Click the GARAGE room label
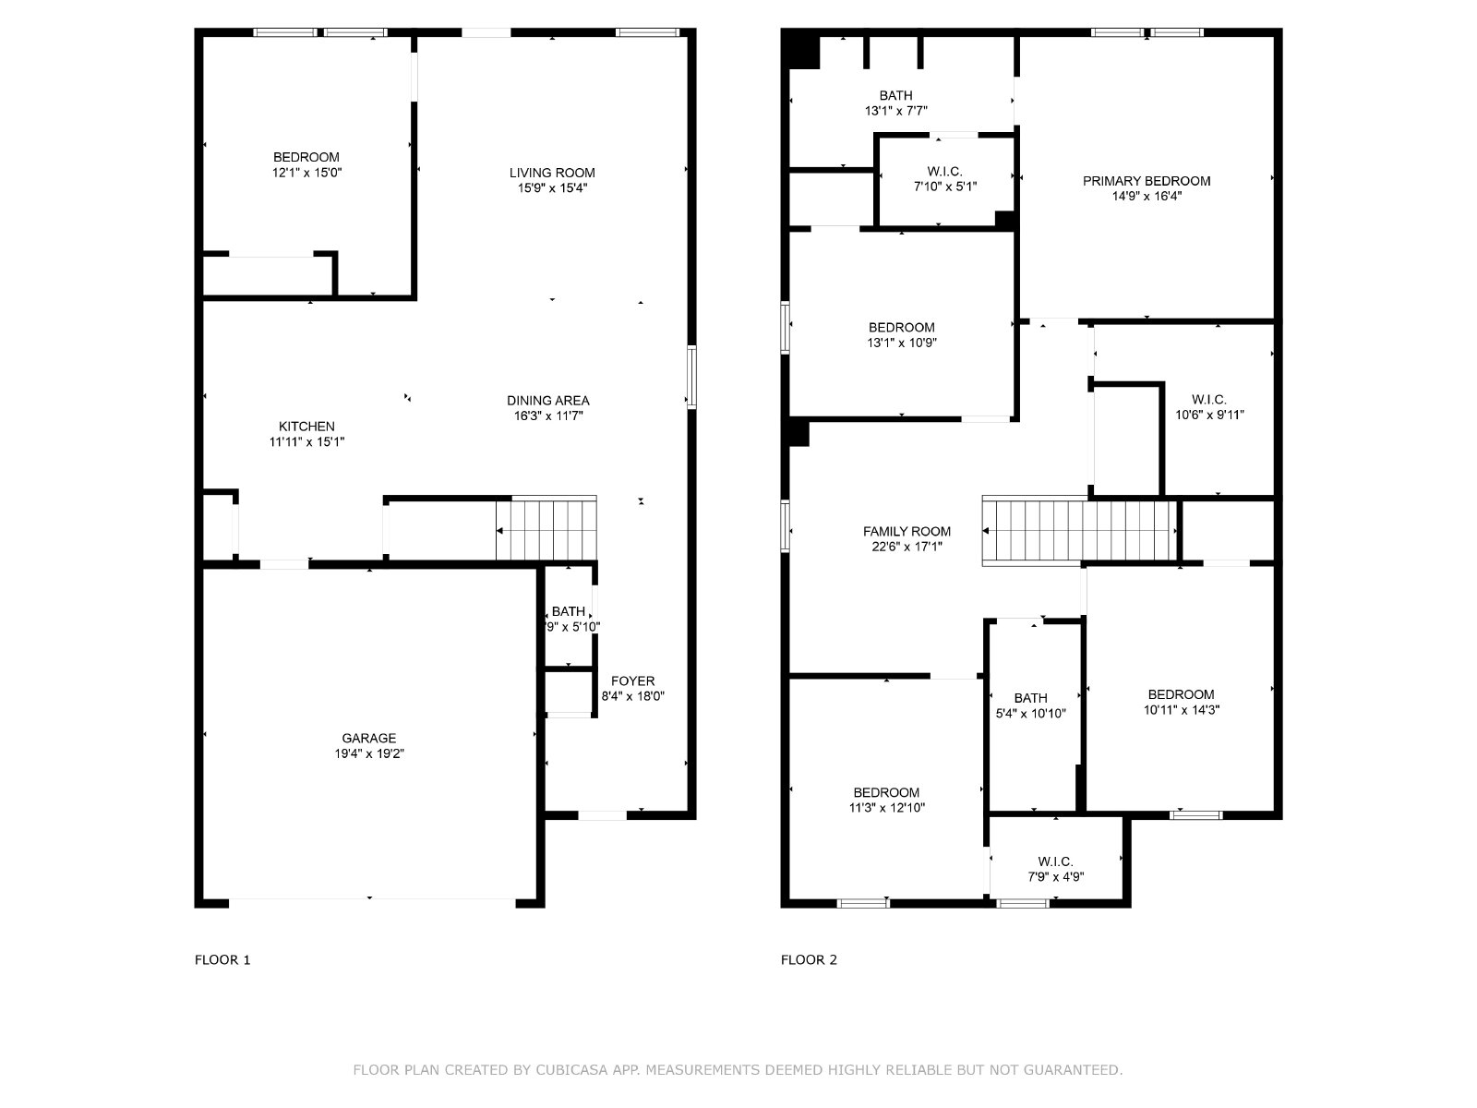[368, 738]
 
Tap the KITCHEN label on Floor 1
[306, 427]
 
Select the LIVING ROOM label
[552, 173]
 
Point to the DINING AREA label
[547, 401]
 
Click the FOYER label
[632, 680]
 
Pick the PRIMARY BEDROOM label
[1147, 181]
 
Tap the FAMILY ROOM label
[907, 532]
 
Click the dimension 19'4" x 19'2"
[369, 753]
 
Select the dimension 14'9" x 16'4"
[1147, 197]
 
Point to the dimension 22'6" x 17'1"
[907, 547]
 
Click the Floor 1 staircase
[546, 529]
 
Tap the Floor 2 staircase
[1079, 531]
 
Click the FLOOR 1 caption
[222, 960]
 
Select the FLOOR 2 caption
[809, 960]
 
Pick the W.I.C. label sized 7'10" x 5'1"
[944, 172]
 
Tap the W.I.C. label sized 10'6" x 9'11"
[1208, 400]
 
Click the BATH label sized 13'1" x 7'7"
[895, 95]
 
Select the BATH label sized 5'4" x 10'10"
[1031, 698]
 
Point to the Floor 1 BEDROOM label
[306, 157]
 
